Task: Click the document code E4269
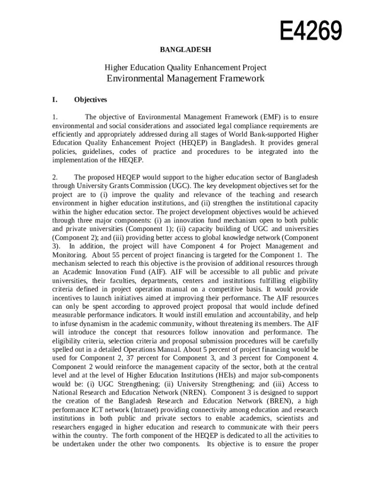311,31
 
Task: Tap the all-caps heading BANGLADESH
185,50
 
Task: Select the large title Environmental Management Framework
185,78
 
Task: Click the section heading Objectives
91,100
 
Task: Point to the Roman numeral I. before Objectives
55,100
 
